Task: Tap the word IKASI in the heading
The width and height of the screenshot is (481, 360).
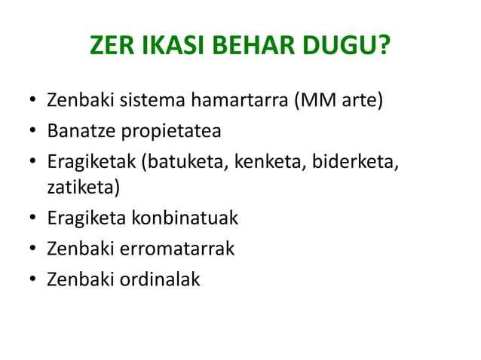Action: tap(167, 51)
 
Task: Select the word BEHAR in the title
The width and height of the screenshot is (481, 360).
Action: tap(247, 51)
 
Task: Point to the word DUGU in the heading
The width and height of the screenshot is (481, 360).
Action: tap(342, 51)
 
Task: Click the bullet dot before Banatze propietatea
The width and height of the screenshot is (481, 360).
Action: tap(33, 132)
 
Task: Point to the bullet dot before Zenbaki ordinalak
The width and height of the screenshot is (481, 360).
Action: tap(33, 280)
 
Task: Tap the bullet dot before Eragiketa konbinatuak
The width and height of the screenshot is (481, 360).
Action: tap(33, 219)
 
